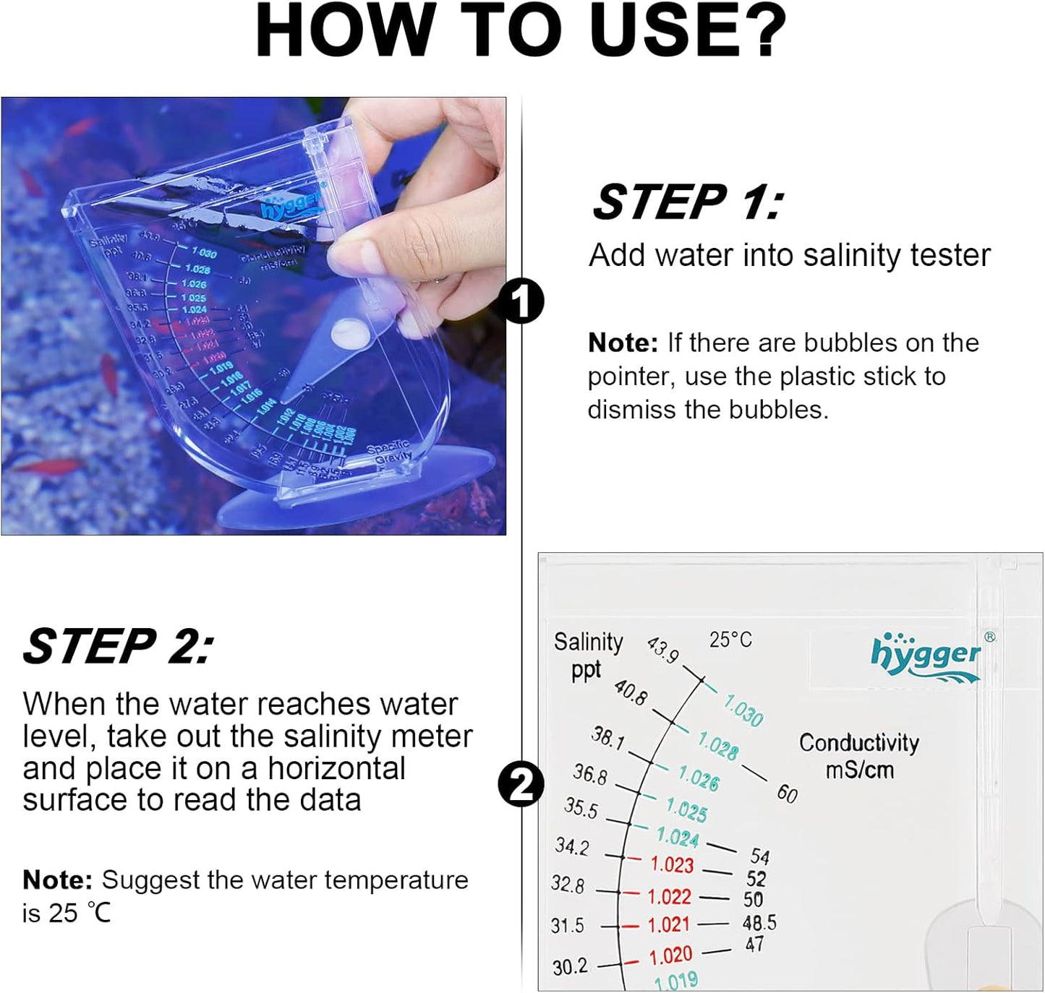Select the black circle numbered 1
(521, 301)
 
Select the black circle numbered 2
(521, 785)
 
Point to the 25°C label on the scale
(730, 640)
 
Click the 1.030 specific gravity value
(743, 710)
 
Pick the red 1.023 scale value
(672, 864)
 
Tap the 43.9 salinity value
(662, 649)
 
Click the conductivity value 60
(787, 793)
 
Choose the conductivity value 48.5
(759, 923)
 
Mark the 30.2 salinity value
(570, 966)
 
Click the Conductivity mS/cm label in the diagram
(859, 755)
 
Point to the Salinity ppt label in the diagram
(588, 655)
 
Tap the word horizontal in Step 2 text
(336, 768)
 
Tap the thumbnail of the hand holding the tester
(253, 316)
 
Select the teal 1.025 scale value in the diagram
(686, 809)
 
